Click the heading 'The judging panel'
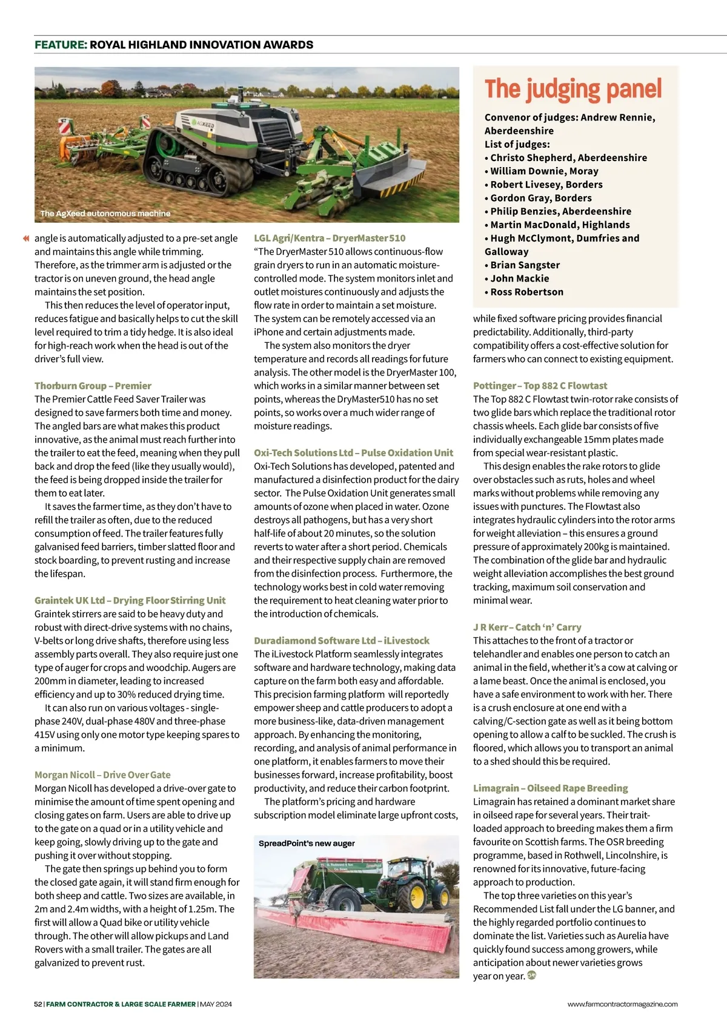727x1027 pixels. pyautogui.click(x=573, y=90)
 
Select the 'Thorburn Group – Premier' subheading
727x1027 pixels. pyautogui.click(x=93, y=386)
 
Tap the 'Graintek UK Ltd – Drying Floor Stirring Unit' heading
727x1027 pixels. pyautogui.click(x=130, y=600)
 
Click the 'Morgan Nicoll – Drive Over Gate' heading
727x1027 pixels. pyautogui.click(x=102, y=774)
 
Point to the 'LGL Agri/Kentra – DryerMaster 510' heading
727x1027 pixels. pyautogui.click(x=330, y=238)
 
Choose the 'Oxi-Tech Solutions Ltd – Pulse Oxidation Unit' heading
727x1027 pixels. pyautogui.click(x=353, y=452)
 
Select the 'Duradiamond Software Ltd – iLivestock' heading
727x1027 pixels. pyautogui.click(x=341, y=640)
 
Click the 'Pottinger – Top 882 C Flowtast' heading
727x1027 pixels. pyautogui.click(x=540, y=386)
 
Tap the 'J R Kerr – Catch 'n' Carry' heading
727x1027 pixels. pyautogui.click(x=527, y=627)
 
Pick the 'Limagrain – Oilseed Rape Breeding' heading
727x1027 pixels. pyautogui.click(x=550, y=788)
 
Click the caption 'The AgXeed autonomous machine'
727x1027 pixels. pyautogui.click(x=105, y=213)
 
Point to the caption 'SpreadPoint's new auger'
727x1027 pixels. pyautogui.click(x=307, y=843)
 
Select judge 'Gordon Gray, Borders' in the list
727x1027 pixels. pyautogui.click(x=540, y=198)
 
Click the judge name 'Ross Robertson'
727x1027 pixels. pyautogui.click(x=526, y=292)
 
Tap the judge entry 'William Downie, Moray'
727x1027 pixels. pyautogui.click(x=544, y=171)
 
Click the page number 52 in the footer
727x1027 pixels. pyautogui.click(x=38, y=1004)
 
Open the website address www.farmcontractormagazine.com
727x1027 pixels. pyautogui.click(x=622, y=1004)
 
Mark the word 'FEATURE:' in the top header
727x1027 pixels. pyautogui.click(x=61, y=45)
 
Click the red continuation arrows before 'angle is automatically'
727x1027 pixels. pyautogui.click(x=26, y=239)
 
